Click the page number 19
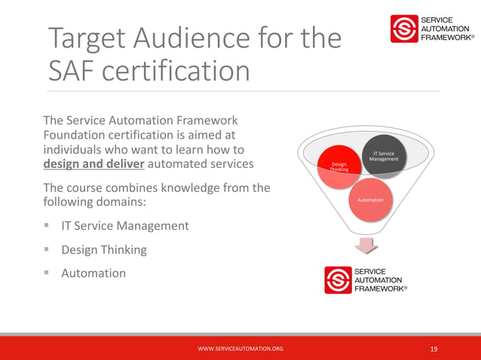click(x=434, y=349)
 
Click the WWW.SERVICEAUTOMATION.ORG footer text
click(x=240, y=349)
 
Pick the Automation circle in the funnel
click(x=370, y=200)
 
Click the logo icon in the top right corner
click(x=403, y=29)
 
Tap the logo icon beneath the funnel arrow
click(x=338, y=279)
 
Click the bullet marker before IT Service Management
click(x=47, y=225)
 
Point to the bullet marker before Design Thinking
click(x=47, y=249)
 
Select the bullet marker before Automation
click(x=47, y=273)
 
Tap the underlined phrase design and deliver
click(x=93, y=163)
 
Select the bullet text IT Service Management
click(x=125, y=225)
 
